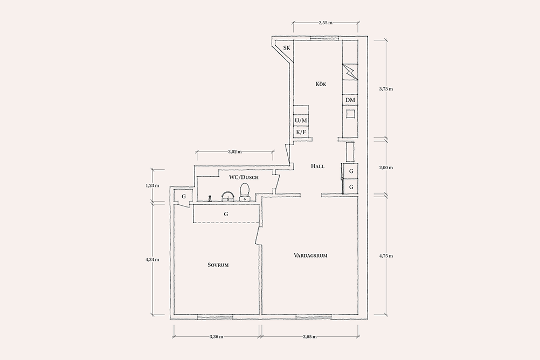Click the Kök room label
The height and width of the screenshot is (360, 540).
(321, 84)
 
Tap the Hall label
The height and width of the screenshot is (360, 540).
(317, 166)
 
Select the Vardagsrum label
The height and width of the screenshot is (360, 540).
(310, 255)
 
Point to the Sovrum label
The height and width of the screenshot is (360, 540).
(218, 265)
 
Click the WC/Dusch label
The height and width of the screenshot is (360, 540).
(244, 177)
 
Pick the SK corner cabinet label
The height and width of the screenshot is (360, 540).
(287, 48)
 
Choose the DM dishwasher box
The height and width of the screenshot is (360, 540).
(350, 100)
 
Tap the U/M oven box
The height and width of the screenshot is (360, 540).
(301, 121)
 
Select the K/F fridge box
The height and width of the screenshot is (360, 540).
(301, 132)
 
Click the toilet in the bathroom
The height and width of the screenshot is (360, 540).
(245, 192)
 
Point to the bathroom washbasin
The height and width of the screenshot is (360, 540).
(227, 196)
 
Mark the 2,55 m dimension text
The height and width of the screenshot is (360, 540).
(326, 23)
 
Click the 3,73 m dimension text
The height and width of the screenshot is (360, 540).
(386, 88)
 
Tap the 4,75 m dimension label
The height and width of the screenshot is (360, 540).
(386, 256)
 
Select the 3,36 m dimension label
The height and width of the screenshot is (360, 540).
(216, 337)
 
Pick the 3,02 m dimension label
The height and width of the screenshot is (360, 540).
(234, 151)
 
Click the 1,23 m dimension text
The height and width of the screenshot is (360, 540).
(152, 185)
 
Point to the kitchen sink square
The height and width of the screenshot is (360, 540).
(351, 114)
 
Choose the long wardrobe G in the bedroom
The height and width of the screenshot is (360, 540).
(226, 213)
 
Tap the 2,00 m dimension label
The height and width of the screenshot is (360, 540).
(386, 168)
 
